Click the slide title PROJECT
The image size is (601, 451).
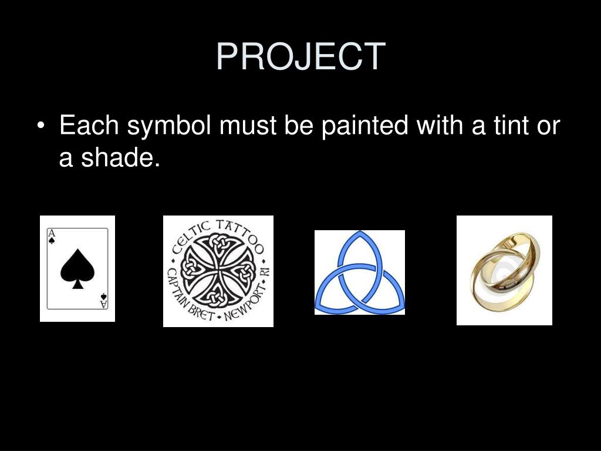pos(301,56)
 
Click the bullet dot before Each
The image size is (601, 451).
pos(40,126)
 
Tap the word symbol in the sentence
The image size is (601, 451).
pos(169,126)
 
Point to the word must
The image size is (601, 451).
pos(248,126)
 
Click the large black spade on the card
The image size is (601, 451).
pos(77,268)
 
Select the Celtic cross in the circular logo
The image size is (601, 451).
pos(218,271)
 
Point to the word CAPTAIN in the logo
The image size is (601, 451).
pos(175,288)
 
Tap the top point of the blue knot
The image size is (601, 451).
pos(360,231)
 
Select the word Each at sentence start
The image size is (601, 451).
pos(89,125)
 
